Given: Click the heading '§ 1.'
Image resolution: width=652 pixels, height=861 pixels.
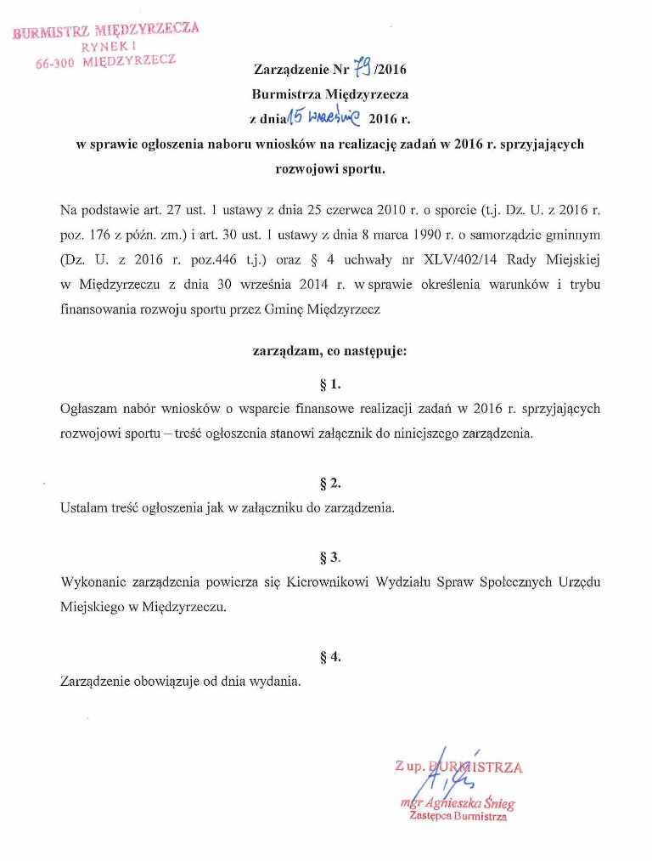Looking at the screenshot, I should tap(330, 382).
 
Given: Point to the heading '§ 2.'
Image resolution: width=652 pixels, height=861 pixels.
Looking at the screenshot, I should tap(330, 483).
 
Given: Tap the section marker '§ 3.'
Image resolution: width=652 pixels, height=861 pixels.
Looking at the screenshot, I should tap(330, 558).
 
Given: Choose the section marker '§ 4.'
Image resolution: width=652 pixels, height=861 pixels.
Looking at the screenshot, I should tap(330, 656).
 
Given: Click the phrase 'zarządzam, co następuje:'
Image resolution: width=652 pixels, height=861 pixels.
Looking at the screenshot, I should tap(330, 349).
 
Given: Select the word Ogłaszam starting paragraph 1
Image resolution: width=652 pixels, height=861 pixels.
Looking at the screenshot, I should tap(92, 409).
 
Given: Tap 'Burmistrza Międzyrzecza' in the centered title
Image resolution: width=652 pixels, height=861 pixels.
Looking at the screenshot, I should tap(330, 94).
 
